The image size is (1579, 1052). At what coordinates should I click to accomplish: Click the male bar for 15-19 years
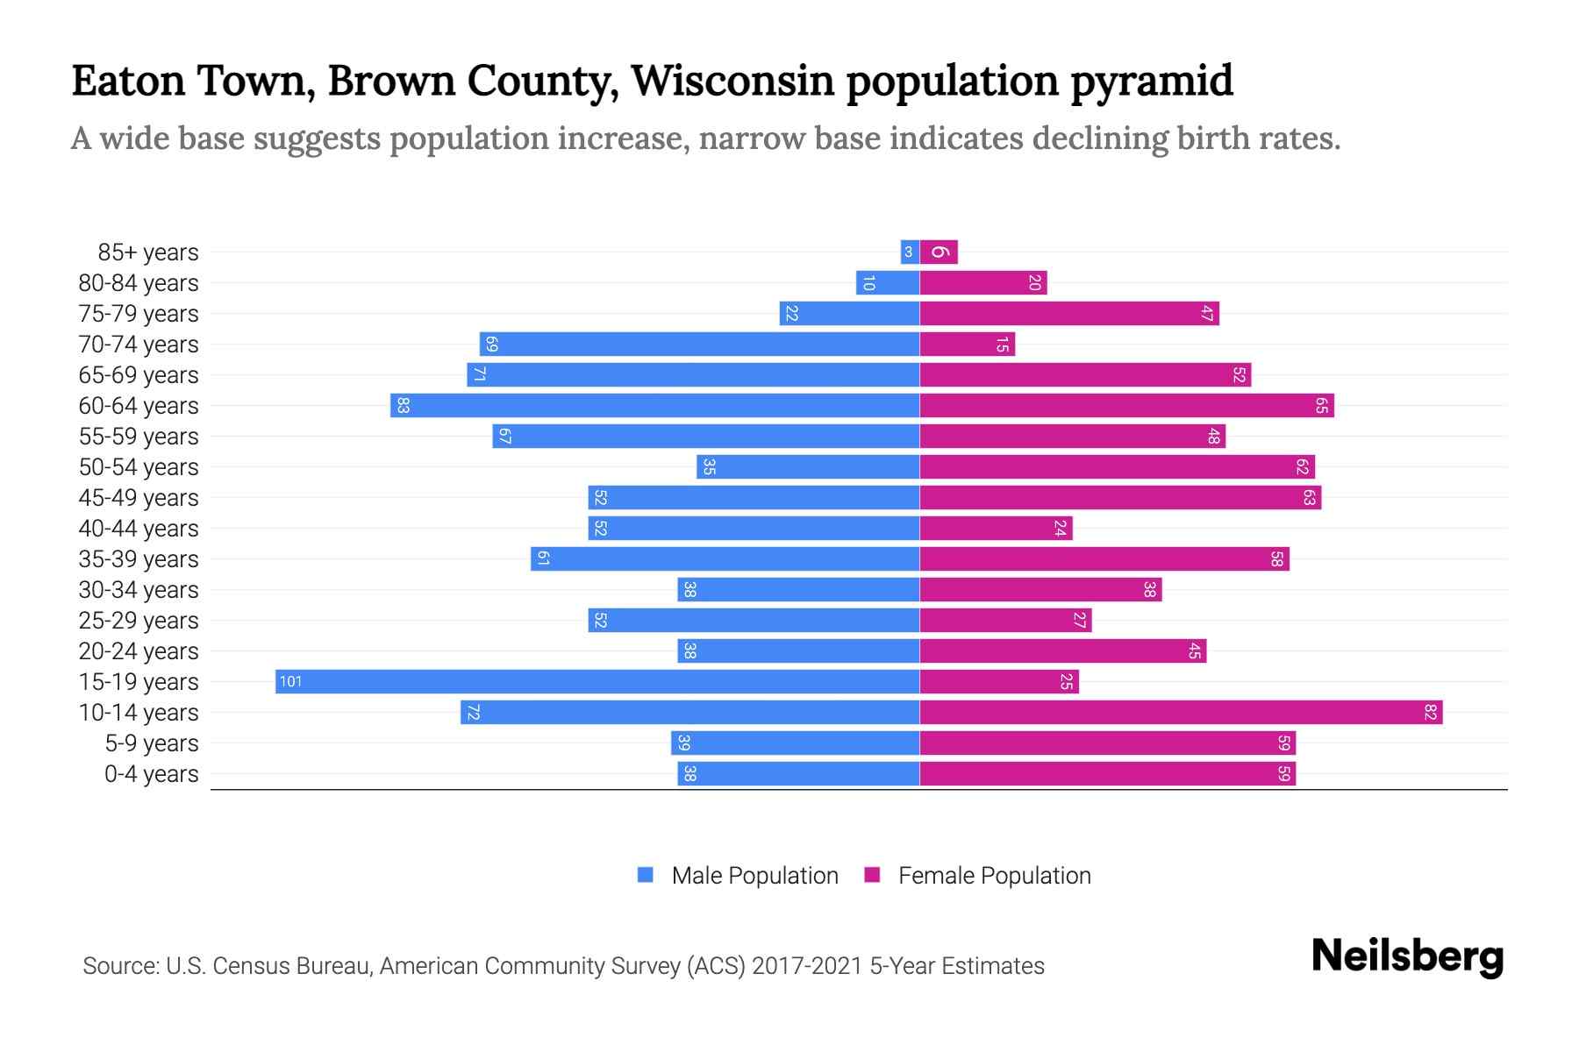point(597,682)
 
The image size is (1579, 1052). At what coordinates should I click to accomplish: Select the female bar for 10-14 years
point(1181,713)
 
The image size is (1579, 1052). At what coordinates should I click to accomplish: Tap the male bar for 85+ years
point(910,252)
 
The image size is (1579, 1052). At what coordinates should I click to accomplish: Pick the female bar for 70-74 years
point(967,345)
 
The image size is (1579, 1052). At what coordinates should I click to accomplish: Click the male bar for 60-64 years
point(654,406)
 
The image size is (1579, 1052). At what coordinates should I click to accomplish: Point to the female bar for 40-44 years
point(996,529)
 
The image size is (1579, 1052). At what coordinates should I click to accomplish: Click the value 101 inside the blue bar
point(290,682)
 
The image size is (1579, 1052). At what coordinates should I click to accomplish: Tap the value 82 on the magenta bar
point(1430,713)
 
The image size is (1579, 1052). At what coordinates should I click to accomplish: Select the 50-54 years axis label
point(139,467)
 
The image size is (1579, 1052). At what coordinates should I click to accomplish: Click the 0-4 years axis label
point(151,774)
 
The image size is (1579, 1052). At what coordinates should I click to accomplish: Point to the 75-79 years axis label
point(139,314)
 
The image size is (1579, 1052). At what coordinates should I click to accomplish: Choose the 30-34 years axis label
point(139,590)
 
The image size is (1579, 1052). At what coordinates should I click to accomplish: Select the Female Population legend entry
point(978,876)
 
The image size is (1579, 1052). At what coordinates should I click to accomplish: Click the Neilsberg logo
point(1407,956)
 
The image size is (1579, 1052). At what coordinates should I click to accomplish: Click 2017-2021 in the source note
point(807,966)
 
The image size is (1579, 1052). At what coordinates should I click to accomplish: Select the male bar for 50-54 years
point(808,467)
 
